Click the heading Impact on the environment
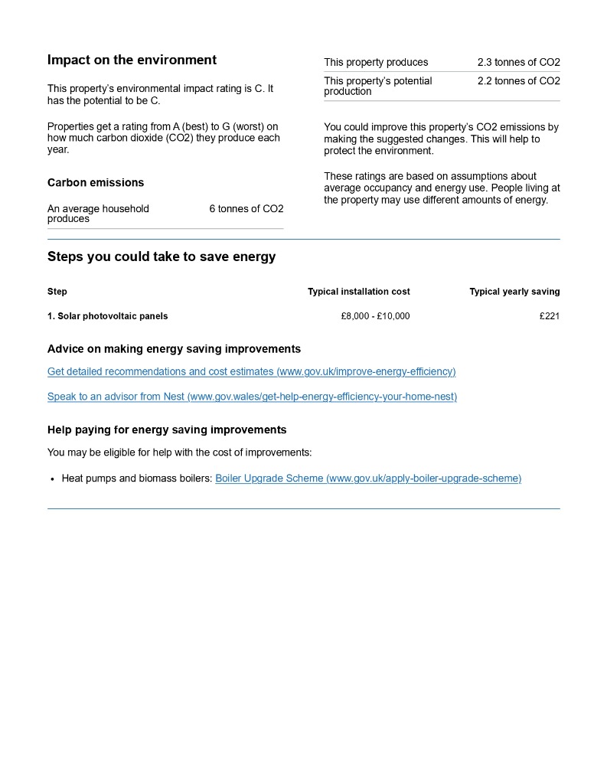click(x=132, y=60)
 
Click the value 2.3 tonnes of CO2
click(x=518, y=63)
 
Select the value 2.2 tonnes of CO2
click(x=518, y=81)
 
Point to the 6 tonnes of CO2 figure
click(x=246, y=209)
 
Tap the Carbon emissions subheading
click(x=96, y=183)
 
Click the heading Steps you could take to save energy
click(x=162, y=257)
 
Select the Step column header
click(x=57, y=292)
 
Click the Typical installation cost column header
click(x=358, y=292)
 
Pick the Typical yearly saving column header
click(x=514, y=292)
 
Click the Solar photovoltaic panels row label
click(x=107, y=316)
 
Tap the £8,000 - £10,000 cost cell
click(x=375, y=316)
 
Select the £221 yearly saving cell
click(x=549, y=316)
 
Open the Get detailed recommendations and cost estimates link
click(x=251, y=372)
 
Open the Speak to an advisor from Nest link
click(x=252, y=397)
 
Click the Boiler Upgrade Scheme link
click(x=368, y=479)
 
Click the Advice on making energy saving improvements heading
click(x=174, y=349)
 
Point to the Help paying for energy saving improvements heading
click(x=167, y=430)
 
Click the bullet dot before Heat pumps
click(x=52, y=479)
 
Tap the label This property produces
click(x=376, y=63)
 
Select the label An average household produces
click(x=98, y=214)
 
